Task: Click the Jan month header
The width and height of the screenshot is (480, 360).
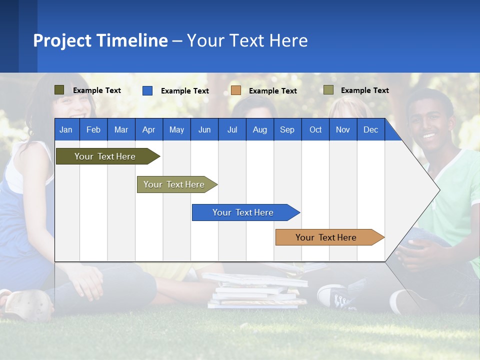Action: (66, 129)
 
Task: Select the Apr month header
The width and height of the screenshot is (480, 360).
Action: (149, 129)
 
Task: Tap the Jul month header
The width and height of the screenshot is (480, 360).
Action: (232, 129)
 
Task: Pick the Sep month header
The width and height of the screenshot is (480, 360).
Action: (287, 129)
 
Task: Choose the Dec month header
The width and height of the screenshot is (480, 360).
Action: (370, 129)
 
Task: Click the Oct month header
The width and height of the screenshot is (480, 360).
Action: (315, 129)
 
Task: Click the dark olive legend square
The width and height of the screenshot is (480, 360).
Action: (59, 90)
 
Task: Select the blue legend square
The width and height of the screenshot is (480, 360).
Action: (147, 90)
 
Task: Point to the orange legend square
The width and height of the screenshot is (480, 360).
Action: (236, 90)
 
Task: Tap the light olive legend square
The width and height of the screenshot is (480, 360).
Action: (328, 90)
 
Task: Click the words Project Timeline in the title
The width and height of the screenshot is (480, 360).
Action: (100, 40)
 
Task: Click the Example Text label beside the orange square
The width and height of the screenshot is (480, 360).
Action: (272, 91)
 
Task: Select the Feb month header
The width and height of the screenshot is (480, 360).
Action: (93, 129)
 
